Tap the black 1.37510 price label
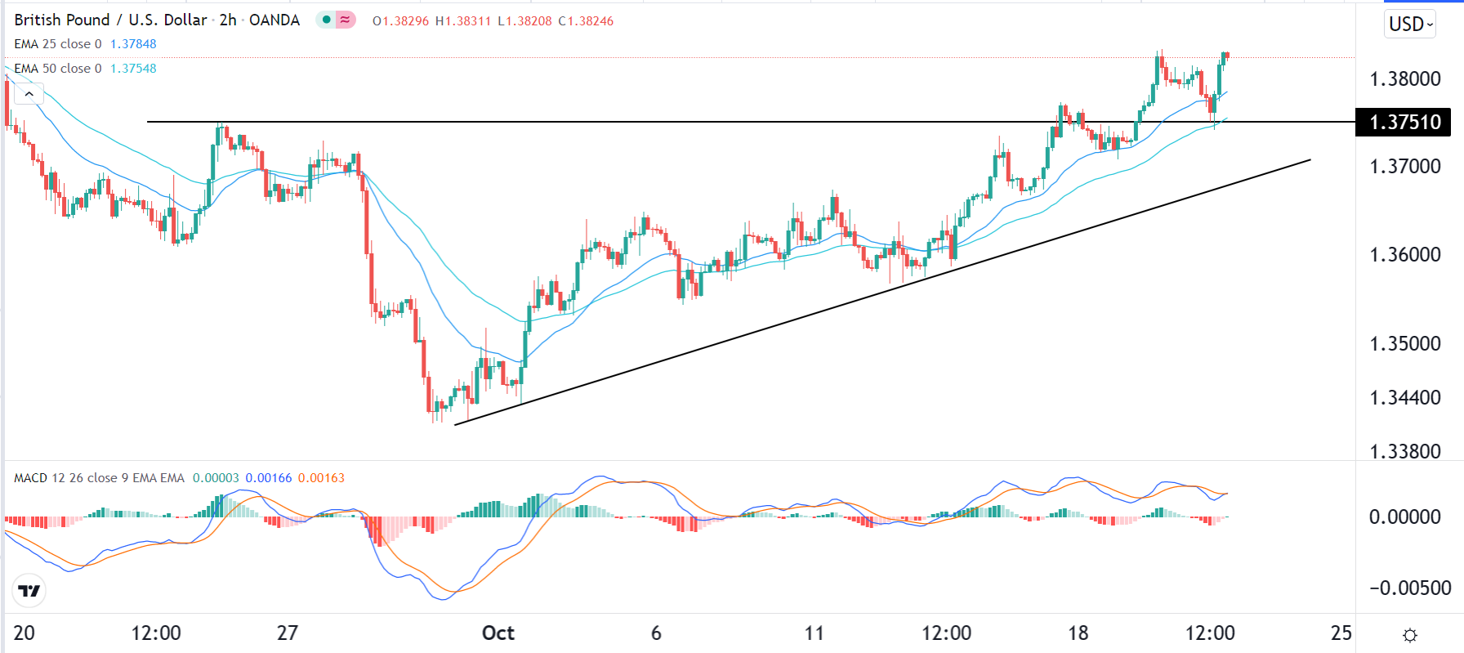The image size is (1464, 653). (x=1404, y=123)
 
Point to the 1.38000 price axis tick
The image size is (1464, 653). (x=1405, y=79)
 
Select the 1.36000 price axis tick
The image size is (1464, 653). (x=1405, y=255)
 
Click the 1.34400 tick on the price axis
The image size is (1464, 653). (x=1405, y=398)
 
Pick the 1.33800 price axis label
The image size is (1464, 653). (x=1405, y=451)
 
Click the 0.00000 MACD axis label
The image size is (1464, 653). (x=1405, y=517)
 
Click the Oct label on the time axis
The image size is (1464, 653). (x=498, y=633)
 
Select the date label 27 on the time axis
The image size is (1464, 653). (x=288, y=633)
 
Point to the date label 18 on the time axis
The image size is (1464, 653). (x=1078, y=633)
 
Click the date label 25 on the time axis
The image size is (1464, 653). (x=1341, y=633)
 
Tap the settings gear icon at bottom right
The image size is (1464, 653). (x=1410, y=635)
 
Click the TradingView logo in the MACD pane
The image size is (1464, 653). (x=29, y=591)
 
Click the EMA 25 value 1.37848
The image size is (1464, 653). (x=133, y=44)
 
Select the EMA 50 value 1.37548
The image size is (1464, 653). (x=133, y=69)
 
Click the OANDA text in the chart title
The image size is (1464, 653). (x=274, y=20)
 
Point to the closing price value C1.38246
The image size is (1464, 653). (x=586, y=21)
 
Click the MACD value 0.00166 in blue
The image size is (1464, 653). (x=269, y=478)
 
